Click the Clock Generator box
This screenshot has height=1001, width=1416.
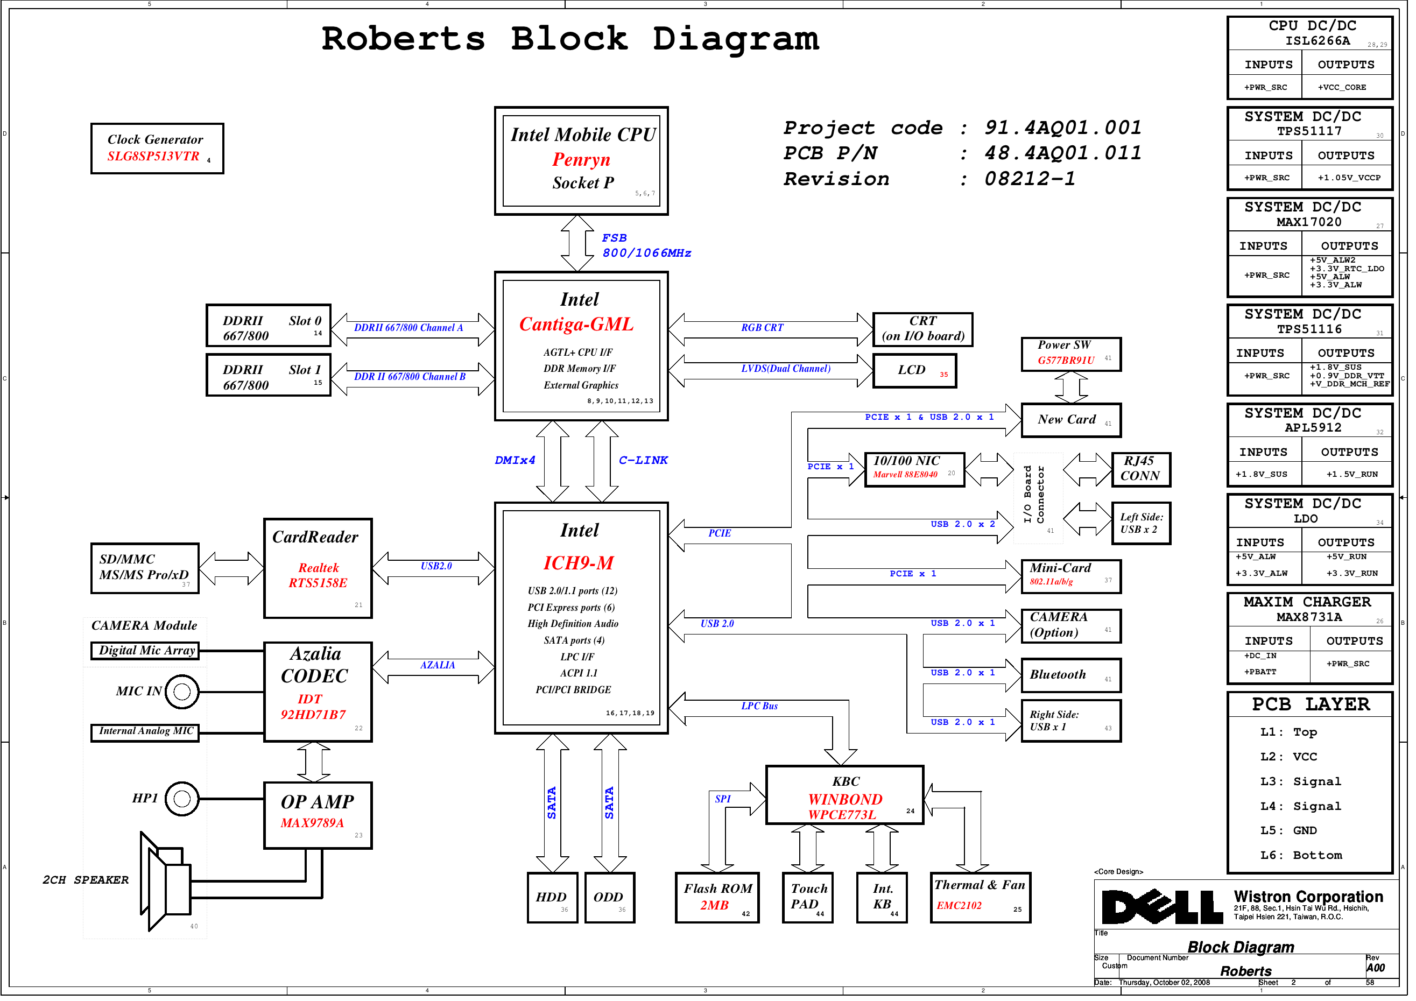pos(157,149)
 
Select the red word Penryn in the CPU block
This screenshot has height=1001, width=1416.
pos(581,160)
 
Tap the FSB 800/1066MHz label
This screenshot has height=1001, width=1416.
pos(645,245)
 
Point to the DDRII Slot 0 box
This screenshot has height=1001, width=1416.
pos(268,326)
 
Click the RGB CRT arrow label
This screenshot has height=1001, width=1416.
pos(762,328)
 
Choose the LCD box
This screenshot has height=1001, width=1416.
pos(914,371)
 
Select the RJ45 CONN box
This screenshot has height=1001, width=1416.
pos(1140,469)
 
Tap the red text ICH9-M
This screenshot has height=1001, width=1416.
pos(579,563)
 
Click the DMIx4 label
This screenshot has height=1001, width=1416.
pos(515,460)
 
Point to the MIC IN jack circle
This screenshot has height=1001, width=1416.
pos(182,692)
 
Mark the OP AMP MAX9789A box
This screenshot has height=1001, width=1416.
pos(318,815)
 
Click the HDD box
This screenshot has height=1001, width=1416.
pos(552,897)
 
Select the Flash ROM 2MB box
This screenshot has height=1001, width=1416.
pos(717,897)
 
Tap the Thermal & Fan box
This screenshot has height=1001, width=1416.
pos(980,897)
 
